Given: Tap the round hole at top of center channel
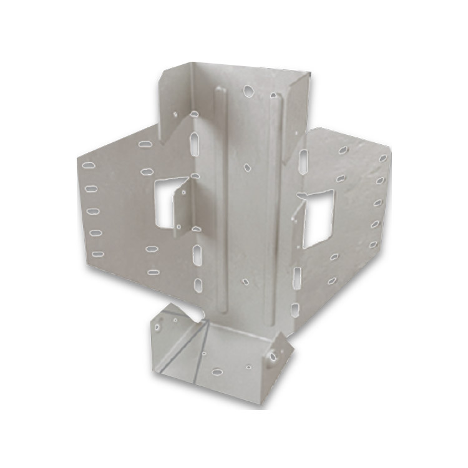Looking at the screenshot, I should [x=248, y=91].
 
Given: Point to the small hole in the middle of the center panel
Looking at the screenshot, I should [x=247, y=168].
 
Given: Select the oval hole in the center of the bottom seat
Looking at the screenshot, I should [x=218, y=373].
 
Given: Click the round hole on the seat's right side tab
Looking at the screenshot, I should [x=273, y=356].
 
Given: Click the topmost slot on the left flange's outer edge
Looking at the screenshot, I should [x=89, y=165].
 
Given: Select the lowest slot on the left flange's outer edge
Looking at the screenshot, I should [x=96, y=255].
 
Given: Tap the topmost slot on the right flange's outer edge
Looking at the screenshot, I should [x=383, y=158].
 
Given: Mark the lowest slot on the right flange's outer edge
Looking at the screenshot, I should [x=374, y=244].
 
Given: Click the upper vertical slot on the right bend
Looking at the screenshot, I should [x=303, y=161].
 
